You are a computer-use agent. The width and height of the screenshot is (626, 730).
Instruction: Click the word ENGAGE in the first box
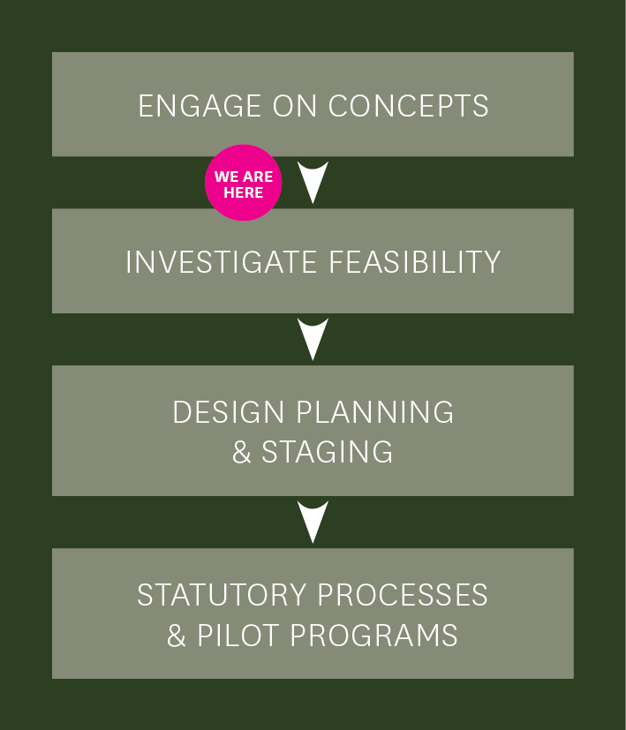click(x=200, y=106)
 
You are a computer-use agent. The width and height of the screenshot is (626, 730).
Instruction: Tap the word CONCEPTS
click(x=409, y=106)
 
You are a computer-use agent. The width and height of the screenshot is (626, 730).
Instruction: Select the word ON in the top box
click(x=295, y=106)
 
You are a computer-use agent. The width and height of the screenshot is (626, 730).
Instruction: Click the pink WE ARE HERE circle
click(x=243, y=183)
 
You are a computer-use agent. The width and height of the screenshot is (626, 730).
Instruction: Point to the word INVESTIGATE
click(x=222, y=261)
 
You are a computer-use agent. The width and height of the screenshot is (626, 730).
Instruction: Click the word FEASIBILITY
click(x=415, y=261)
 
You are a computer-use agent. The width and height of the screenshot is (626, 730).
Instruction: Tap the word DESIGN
click(x=228, y=411)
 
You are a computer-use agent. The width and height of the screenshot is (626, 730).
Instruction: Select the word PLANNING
click(x=375, y=411)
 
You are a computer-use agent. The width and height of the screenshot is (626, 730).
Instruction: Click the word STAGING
click(x=328, y=452)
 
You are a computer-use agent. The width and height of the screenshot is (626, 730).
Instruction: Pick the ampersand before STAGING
click(x=242, y=452)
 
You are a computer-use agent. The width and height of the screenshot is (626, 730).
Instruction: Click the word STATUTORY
click(x=222, y=595)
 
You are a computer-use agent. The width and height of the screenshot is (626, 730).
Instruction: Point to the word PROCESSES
click(x=403, y=595)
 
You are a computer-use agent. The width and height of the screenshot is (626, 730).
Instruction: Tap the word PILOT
click(x=238, y=635)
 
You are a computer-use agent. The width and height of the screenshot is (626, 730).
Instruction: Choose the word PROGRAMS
click(x=374, y=635)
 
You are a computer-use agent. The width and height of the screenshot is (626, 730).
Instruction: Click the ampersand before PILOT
click(x=177, y=636)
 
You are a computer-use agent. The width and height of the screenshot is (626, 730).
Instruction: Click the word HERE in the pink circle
click(x=243, y=192)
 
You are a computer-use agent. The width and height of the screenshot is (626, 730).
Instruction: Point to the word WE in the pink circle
click(x=226, y=177)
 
